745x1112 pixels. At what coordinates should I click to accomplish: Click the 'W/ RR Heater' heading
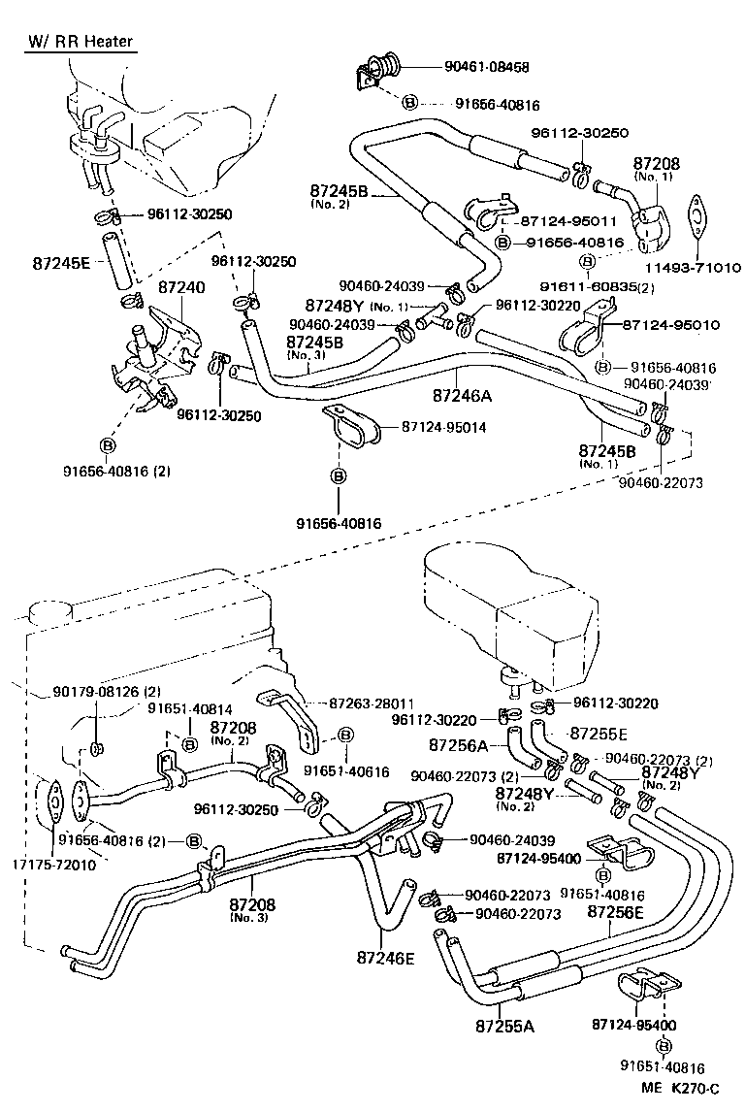tap(79, 42)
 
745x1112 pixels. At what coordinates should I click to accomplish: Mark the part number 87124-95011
tap(568, 221)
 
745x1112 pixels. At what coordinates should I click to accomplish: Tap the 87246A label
tap(463, 395)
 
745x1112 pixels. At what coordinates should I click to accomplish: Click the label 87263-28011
tap(371, 703)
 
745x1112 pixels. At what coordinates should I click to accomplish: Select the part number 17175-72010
tap(54, 865)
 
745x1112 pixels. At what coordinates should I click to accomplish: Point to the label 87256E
tap(611, 913)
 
